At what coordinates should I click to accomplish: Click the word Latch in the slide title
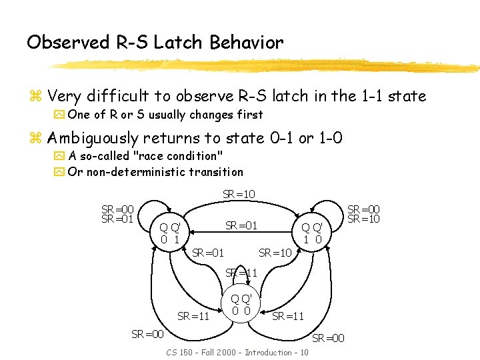pyautogui.click(x=179, y=43)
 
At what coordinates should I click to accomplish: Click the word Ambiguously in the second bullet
pyautogui.click(x=101, y=138)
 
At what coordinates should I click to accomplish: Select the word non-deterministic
pyautogui.click(x=133, y=171)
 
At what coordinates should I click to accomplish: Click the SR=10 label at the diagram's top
pyautogui.click(x=239, y=194)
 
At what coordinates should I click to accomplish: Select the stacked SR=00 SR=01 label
pyautogui.click(x=117, y=213)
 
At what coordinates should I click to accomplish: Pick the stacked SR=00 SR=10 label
pyautogui.click(x=364, y=213)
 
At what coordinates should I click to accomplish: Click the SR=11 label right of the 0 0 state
pyautogui.click(x=288, y=316)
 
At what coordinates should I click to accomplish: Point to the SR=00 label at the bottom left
pyautogui.click(x=147, y=333)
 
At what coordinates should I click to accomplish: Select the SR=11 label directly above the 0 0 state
pyautogui.click(x=241, y=273)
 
